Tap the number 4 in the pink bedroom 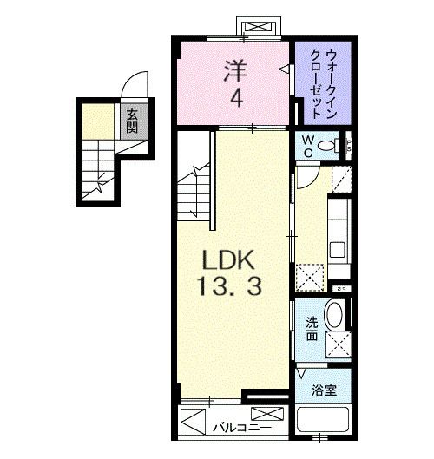click(x=234, y=99)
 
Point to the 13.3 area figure click(x=229, y=285)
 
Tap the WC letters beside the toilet click(x=307, y=146)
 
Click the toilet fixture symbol click(x=332, y=146)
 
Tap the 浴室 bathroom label click(x=323, y=390)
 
